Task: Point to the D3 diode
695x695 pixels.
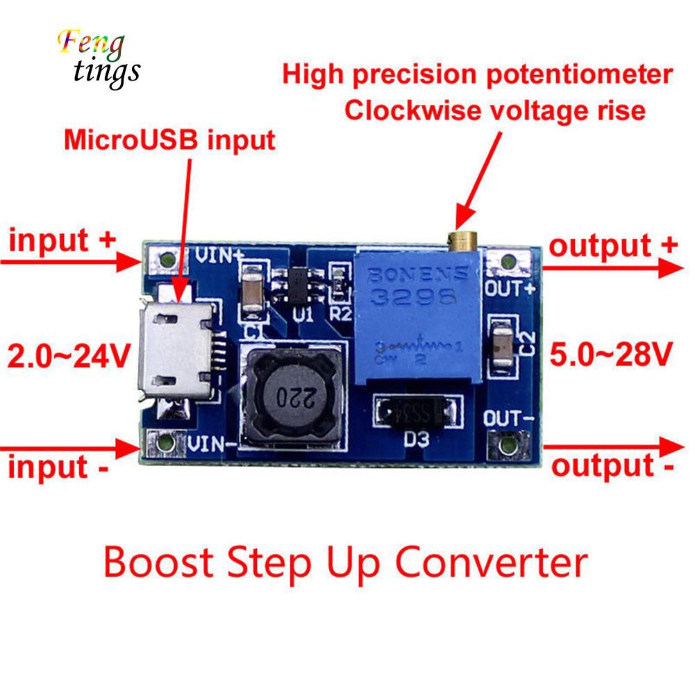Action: point(417,414)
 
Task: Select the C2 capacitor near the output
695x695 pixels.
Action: point(501,343)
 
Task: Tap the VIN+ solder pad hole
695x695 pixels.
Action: point(165,262)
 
